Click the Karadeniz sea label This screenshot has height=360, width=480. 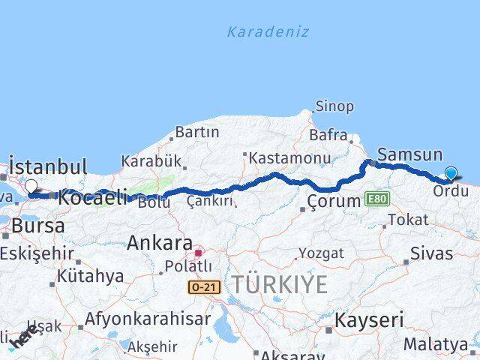point(268,32)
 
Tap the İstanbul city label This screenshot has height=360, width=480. point(48,166)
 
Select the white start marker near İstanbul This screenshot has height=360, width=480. point(31,187)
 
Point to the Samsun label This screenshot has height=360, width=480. point(409,155)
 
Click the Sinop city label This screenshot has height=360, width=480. point(334,106)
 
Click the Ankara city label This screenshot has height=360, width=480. point(159,243)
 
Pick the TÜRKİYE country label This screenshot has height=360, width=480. point(279,285)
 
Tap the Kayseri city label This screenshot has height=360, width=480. point(368,320)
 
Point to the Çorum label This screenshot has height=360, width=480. point(334,201)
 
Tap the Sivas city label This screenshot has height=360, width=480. point(432,253)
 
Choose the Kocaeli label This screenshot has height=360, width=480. point(92,198)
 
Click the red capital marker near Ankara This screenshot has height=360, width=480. point(197,253)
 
